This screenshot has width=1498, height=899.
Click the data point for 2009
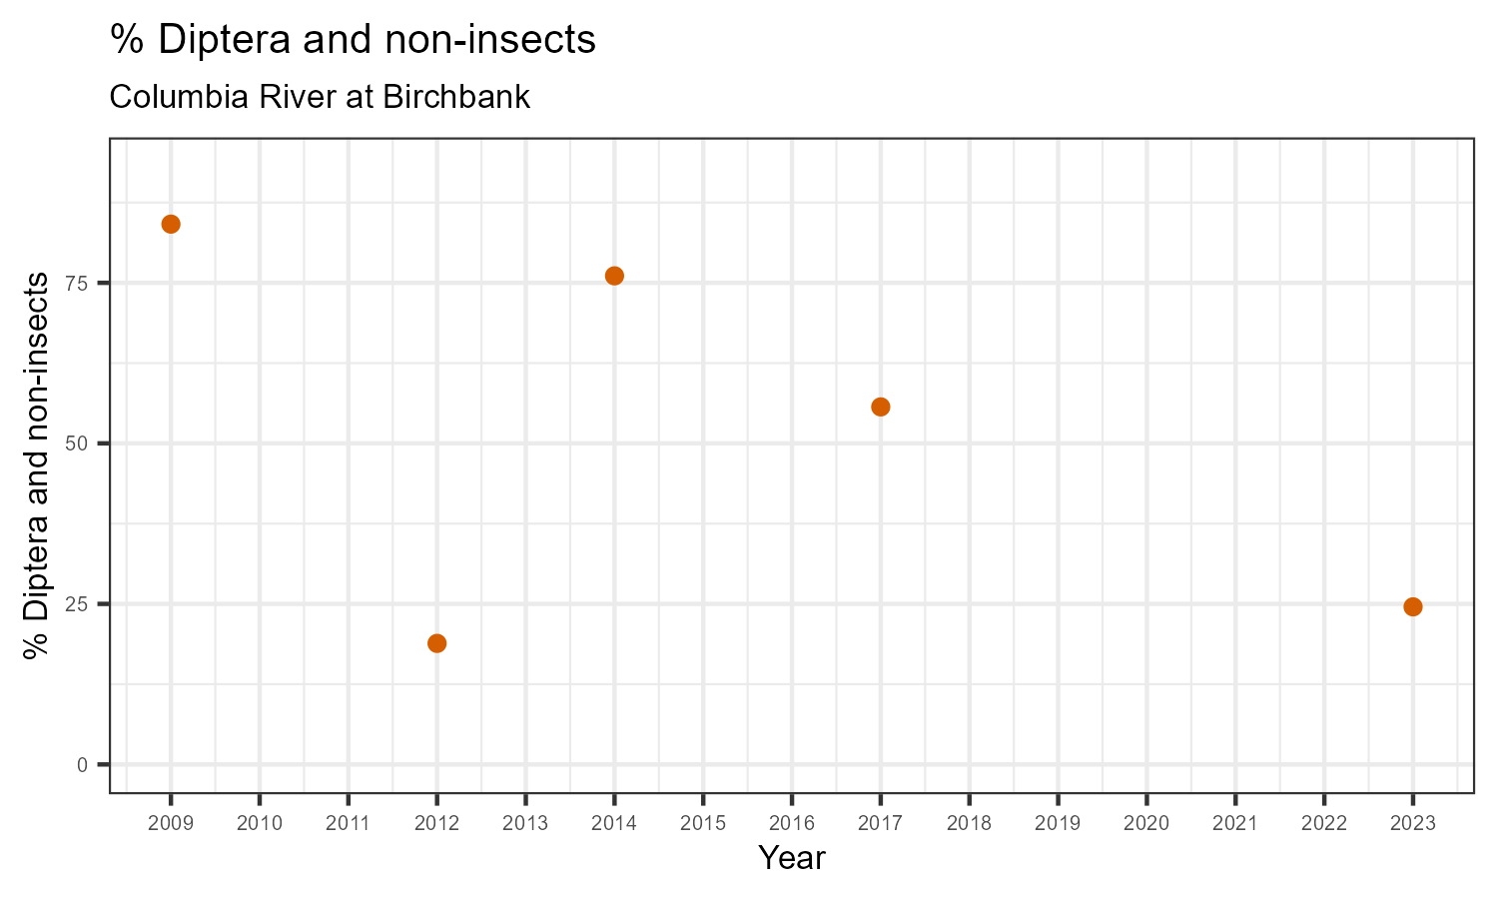pyautogui.click(x=171, y=224)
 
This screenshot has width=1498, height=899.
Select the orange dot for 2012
pyautogui.click(x=436, y=643)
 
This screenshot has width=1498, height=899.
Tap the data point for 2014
pyautogui.click(x=614, y=276)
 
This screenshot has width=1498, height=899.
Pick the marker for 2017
pyautogui.click(x=880, y=407)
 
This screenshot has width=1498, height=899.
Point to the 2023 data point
pyautogui.click(x=1412, y=606)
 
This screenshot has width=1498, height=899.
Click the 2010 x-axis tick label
pyautogui.click(x=259, y=824)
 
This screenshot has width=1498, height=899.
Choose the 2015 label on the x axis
pyautogui.click(x=702, y=824)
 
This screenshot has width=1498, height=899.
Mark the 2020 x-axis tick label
pyautogui.click(x=1146, y=824)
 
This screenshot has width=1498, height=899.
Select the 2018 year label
pyautogui.click(x=969, y=824)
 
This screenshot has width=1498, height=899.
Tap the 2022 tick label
pyautogui.click(x=1323, y=824)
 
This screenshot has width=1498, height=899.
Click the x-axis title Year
pyautogui.click(x=791, y=858)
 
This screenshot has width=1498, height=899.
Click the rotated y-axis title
pyautogui.click(x=37, y=464)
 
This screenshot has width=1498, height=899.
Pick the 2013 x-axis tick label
pyautogui.click(x=525, y=824)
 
